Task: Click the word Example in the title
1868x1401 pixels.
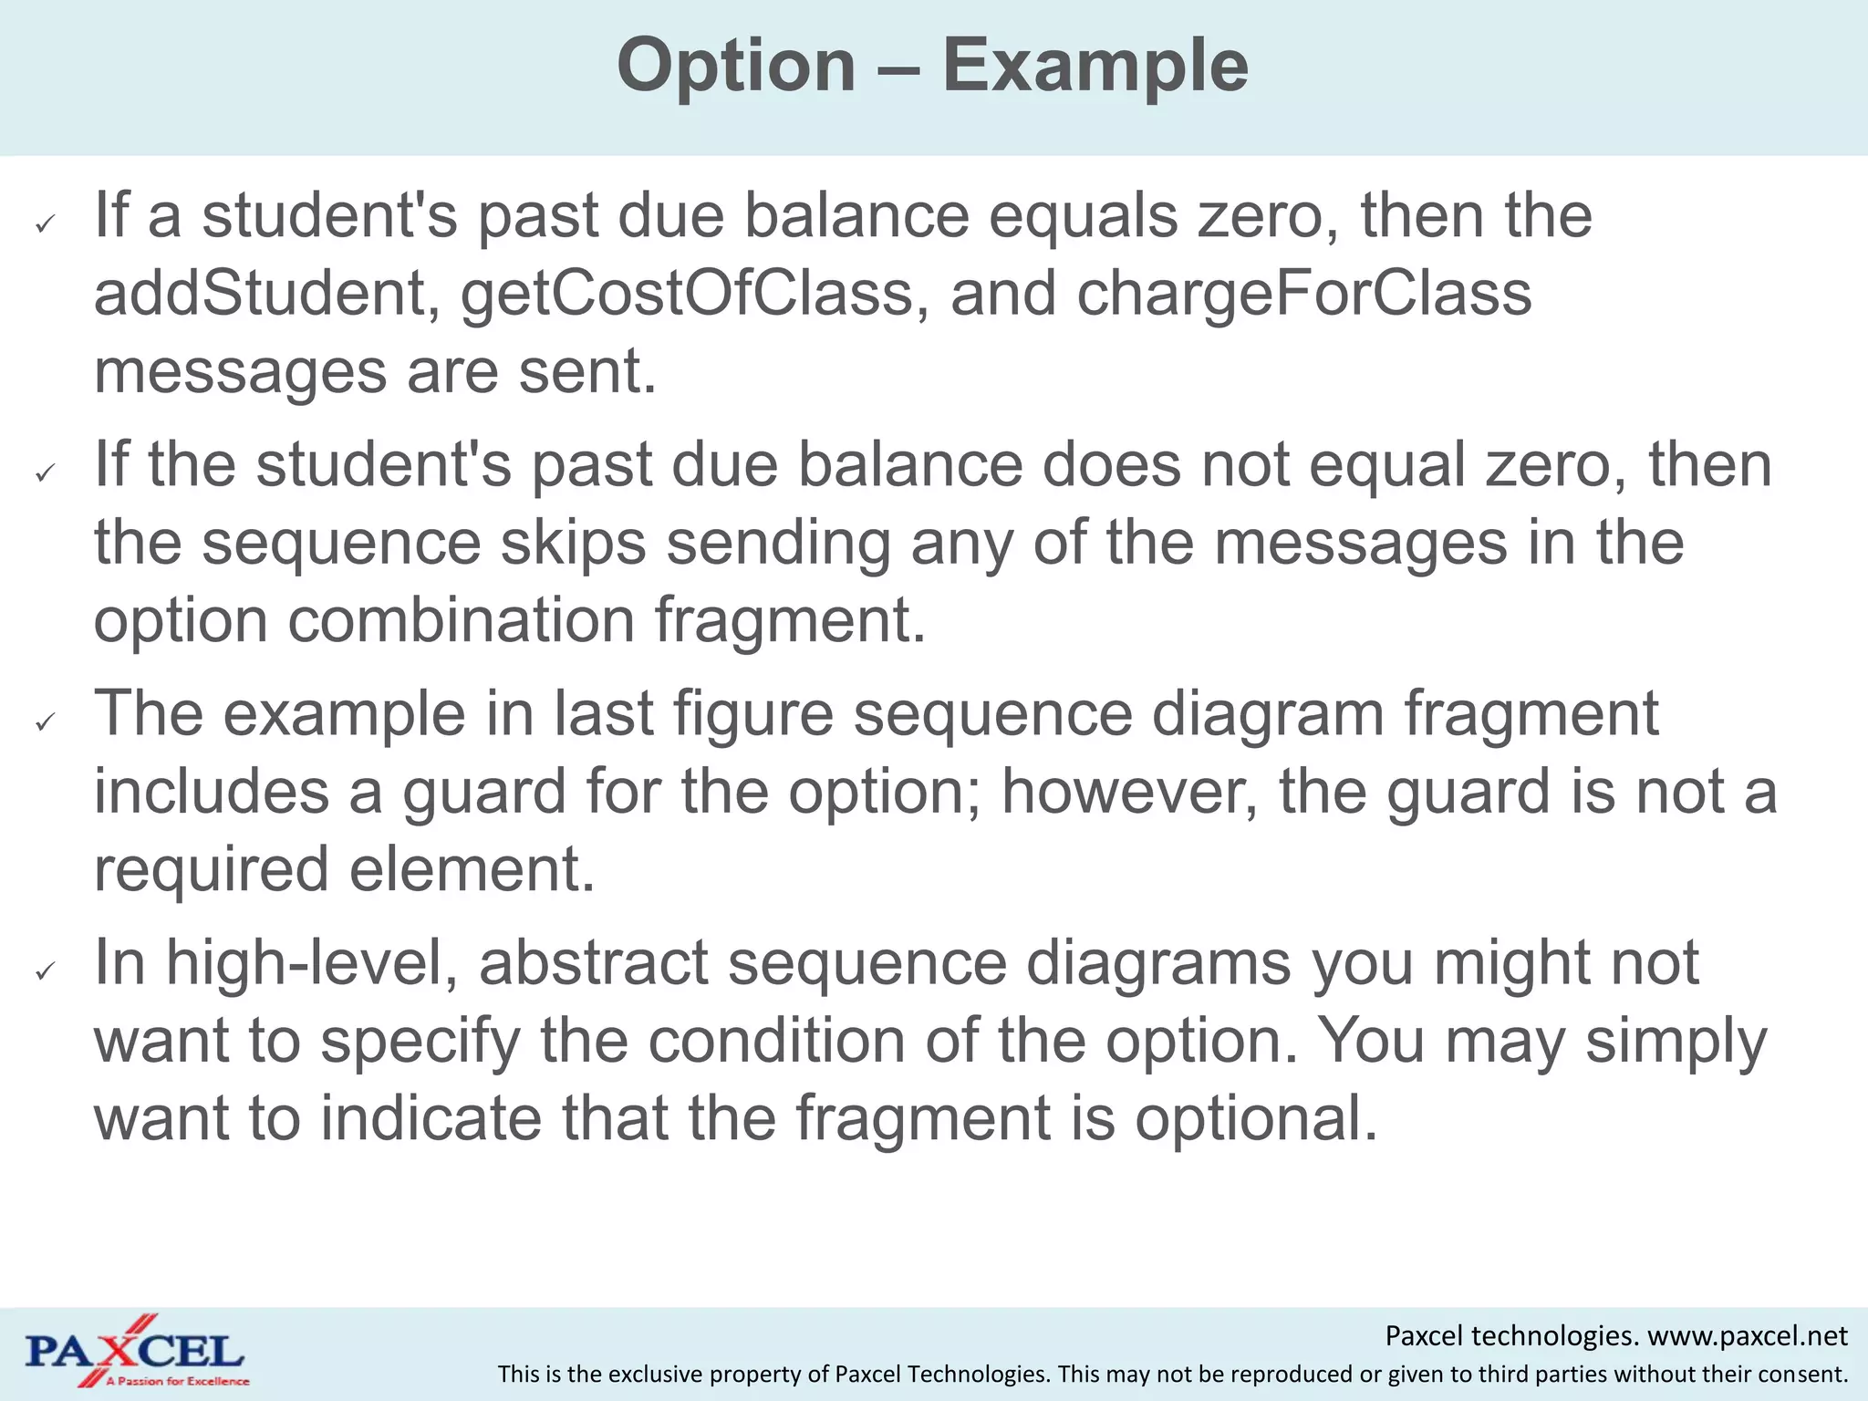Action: pos(1095,67)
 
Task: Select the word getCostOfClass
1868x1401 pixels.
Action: pos(686,296)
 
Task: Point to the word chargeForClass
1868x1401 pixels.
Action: pos(1303,296)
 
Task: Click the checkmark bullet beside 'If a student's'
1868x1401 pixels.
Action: pos(45,223)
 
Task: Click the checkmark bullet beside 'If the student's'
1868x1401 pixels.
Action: pos(45,472)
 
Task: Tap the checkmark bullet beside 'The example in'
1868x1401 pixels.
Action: pos(45,722)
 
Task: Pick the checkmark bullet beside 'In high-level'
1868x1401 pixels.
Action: pos(45,971)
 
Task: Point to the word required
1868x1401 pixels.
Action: pos(211,870)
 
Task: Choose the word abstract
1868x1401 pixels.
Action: pos(594,963)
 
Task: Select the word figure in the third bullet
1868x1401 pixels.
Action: pos(753,714)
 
